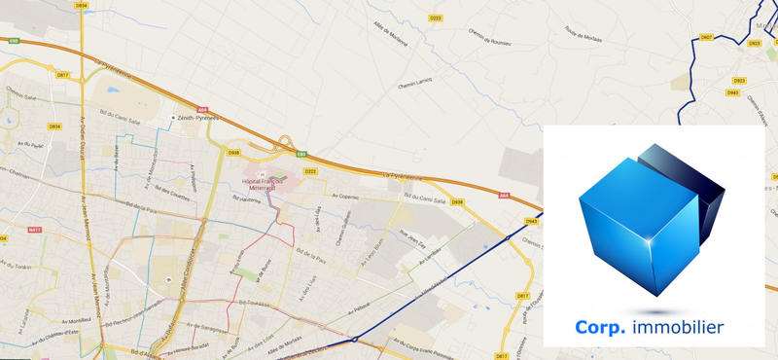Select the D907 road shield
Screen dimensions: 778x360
(706, 37)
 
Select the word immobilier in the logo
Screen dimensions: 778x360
(677, 328)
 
